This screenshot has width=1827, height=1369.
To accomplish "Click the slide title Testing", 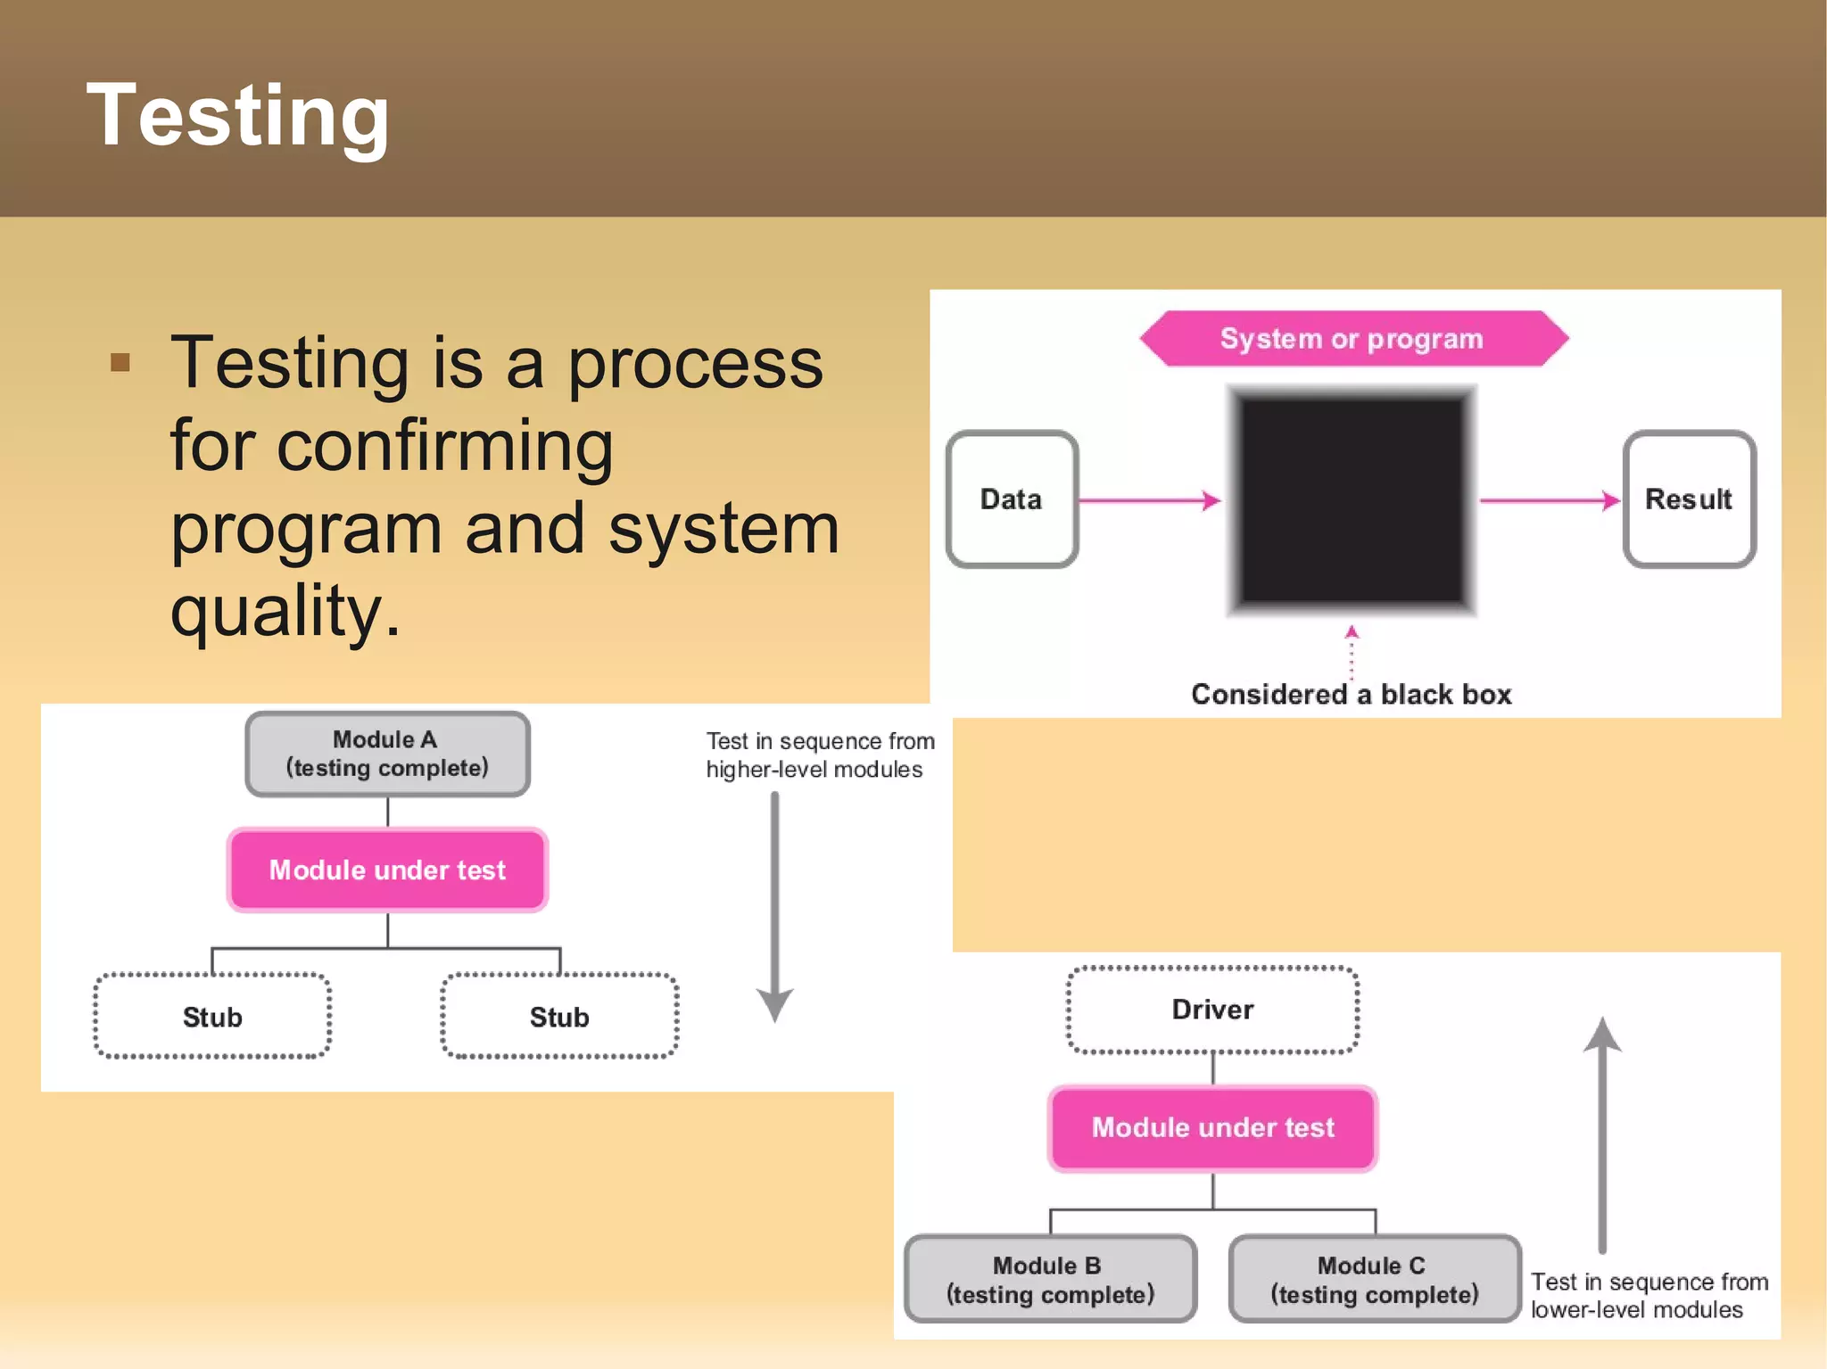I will (x=237, y=116).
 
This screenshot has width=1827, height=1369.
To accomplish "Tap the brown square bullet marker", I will (x=120, y=362).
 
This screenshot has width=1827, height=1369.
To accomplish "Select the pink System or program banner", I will (x=1352, y=339).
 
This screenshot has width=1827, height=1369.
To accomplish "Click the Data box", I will (x=1012, y=499).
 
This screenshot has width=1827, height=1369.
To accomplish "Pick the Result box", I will (x=1689, y=499).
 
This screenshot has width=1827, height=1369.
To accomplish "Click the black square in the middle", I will (x=1352, y=499).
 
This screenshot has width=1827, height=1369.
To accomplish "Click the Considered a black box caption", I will (x=1352, y=695).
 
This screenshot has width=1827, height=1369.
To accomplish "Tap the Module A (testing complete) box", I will (x=387, y=754).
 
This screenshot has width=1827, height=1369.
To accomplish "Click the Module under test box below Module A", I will (x=387, y=870).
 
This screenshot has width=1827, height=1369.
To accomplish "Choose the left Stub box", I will (x=212, y=1017).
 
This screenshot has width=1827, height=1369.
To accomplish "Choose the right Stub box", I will (x=559, y=1017).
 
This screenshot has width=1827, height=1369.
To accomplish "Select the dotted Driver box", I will (x=1212, y=1010).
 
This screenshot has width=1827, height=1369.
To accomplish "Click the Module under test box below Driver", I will (x=1212, y=1127).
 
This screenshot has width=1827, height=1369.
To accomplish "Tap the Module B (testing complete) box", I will (x=1050, y=1279).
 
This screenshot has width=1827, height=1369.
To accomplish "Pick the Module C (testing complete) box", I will (x=1374, y=1279).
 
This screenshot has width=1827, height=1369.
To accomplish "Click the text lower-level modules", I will (x=1636, y=1310).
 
